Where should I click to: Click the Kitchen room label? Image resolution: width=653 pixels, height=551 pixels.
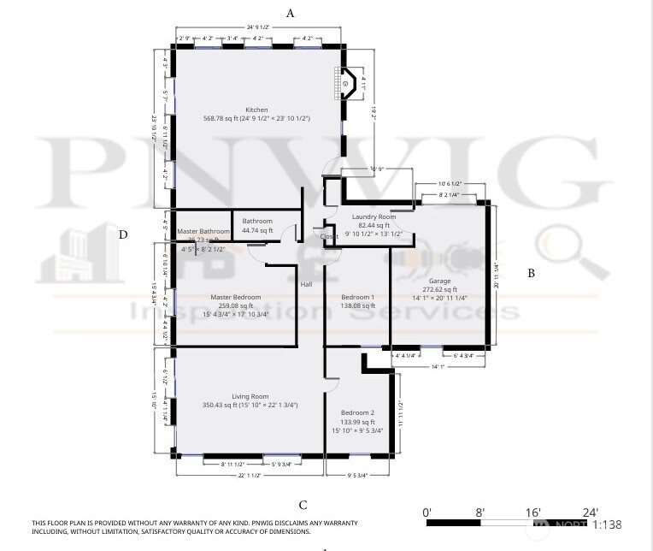256,110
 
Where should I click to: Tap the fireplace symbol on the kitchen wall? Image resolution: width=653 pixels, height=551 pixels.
347,84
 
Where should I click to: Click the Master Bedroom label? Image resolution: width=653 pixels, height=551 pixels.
235,297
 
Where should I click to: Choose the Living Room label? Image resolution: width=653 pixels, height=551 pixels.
249,396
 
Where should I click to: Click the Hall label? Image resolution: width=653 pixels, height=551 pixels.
306,284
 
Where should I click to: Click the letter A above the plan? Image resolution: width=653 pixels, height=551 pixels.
291,13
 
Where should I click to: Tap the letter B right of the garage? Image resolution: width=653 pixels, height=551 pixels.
531,274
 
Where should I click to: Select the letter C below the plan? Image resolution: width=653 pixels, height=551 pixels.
303,506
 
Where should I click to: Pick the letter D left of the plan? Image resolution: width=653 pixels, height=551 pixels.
123,234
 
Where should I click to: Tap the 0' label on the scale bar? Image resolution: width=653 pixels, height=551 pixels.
427,512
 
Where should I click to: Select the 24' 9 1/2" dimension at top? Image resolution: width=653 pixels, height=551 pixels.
258,27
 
